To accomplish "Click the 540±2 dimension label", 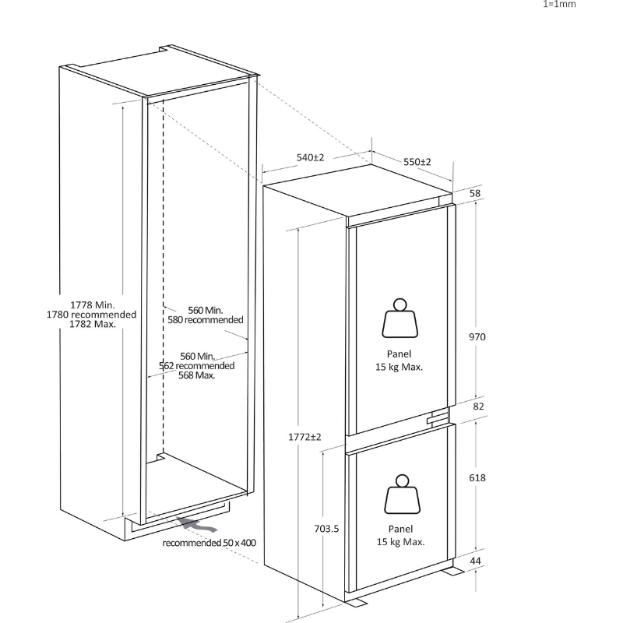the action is [x=310, y=158].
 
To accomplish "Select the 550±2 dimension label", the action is [x=417, y=162].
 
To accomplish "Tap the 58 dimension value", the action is [x=475, y=193].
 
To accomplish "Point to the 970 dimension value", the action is [x=477, y=337].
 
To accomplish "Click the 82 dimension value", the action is [x=479, y=406].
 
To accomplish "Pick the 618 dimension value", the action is [x=477, y=477].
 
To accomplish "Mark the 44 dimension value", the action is [x=476, y=561].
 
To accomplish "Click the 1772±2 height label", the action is [x=304, y=437].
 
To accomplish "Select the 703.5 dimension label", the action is [x=326, y=529].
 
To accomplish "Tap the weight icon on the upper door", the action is [x=400, y=319].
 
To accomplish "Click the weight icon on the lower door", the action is [x=402, y=495].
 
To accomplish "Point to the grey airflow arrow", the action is [x=197, y=525].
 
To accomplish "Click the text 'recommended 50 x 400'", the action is [x=209, y=543].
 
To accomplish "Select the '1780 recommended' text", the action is [x=91, y=315].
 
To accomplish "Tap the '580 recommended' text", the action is [x=206, y=320].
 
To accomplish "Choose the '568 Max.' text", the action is [x=197, y=375].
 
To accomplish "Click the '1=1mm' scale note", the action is [x=559, y=4].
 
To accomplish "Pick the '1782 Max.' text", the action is [x=93, y=324].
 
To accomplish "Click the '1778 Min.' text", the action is [x=93, y=305].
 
